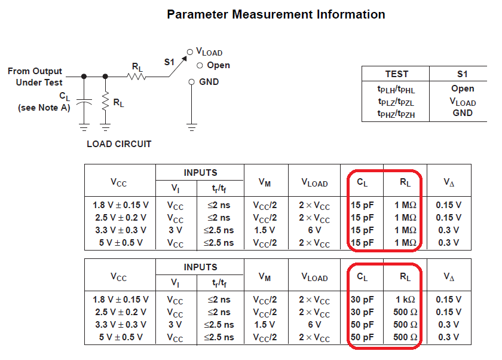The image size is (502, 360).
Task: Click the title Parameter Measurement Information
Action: [276, 14]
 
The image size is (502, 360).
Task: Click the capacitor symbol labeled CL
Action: [84, 103]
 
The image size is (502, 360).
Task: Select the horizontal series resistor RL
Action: [136, 76]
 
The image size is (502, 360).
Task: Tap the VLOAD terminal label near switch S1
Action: [209, 53]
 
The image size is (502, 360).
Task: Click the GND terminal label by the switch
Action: [209, 82]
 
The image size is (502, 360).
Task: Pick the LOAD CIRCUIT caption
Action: [119, 144]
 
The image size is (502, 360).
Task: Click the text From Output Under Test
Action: [35, 77]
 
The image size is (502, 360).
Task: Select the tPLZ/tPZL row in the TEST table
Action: [396, 100]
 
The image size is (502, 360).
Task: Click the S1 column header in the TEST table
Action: [462, 74]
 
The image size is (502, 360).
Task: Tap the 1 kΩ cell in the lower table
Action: [405, 300]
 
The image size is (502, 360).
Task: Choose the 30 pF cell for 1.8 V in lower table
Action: [362, 300]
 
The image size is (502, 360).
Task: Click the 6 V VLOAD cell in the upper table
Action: [314, 230]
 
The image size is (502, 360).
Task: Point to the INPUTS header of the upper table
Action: [200, 172]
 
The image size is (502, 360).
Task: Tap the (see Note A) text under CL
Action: [44, 108]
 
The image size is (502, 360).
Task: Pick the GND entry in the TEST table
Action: [462, 112]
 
